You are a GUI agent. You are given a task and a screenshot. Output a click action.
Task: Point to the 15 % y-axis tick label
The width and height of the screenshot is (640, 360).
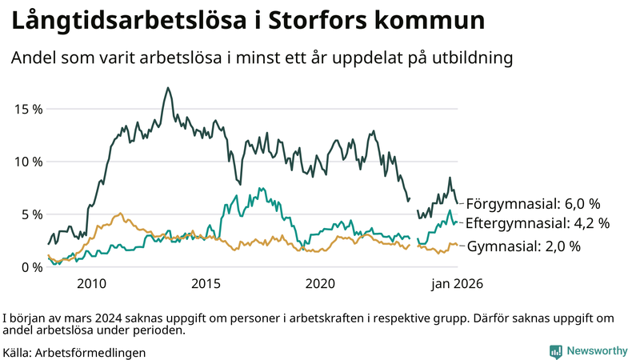click(27, 109)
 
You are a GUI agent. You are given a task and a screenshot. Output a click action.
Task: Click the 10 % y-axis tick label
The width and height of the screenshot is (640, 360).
click(27, 162)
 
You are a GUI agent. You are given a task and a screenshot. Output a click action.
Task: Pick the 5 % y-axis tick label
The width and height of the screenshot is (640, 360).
click(30, 214)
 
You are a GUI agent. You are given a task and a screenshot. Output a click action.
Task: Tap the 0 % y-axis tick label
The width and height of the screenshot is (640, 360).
click(30, 267)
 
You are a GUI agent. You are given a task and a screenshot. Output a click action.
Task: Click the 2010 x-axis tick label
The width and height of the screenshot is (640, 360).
click(92, 284)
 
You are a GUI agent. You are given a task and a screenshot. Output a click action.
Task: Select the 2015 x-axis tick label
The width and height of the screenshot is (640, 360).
click(206, 284)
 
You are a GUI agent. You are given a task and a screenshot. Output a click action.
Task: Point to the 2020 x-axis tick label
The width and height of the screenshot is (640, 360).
click(320, 284)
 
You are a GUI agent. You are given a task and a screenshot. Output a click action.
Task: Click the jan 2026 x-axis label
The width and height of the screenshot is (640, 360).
click(458, 284)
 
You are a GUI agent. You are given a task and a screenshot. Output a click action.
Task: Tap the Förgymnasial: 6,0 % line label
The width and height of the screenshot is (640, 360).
click(533, 203)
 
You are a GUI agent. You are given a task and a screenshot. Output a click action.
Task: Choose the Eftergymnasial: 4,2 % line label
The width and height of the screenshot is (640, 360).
click(538, 223)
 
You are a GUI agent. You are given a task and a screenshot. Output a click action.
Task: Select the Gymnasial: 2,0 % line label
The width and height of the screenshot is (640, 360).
click(523, 246)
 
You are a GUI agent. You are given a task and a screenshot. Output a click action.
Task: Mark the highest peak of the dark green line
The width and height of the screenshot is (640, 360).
click(167, 88)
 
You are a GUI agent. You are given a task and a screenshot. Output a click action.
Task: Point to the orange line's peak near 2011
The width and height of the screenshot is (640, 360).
click(120, 214)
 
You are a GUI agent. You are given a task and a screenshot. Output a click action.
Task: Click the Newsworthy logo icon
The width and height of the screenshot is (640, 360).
click(555, 351)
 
